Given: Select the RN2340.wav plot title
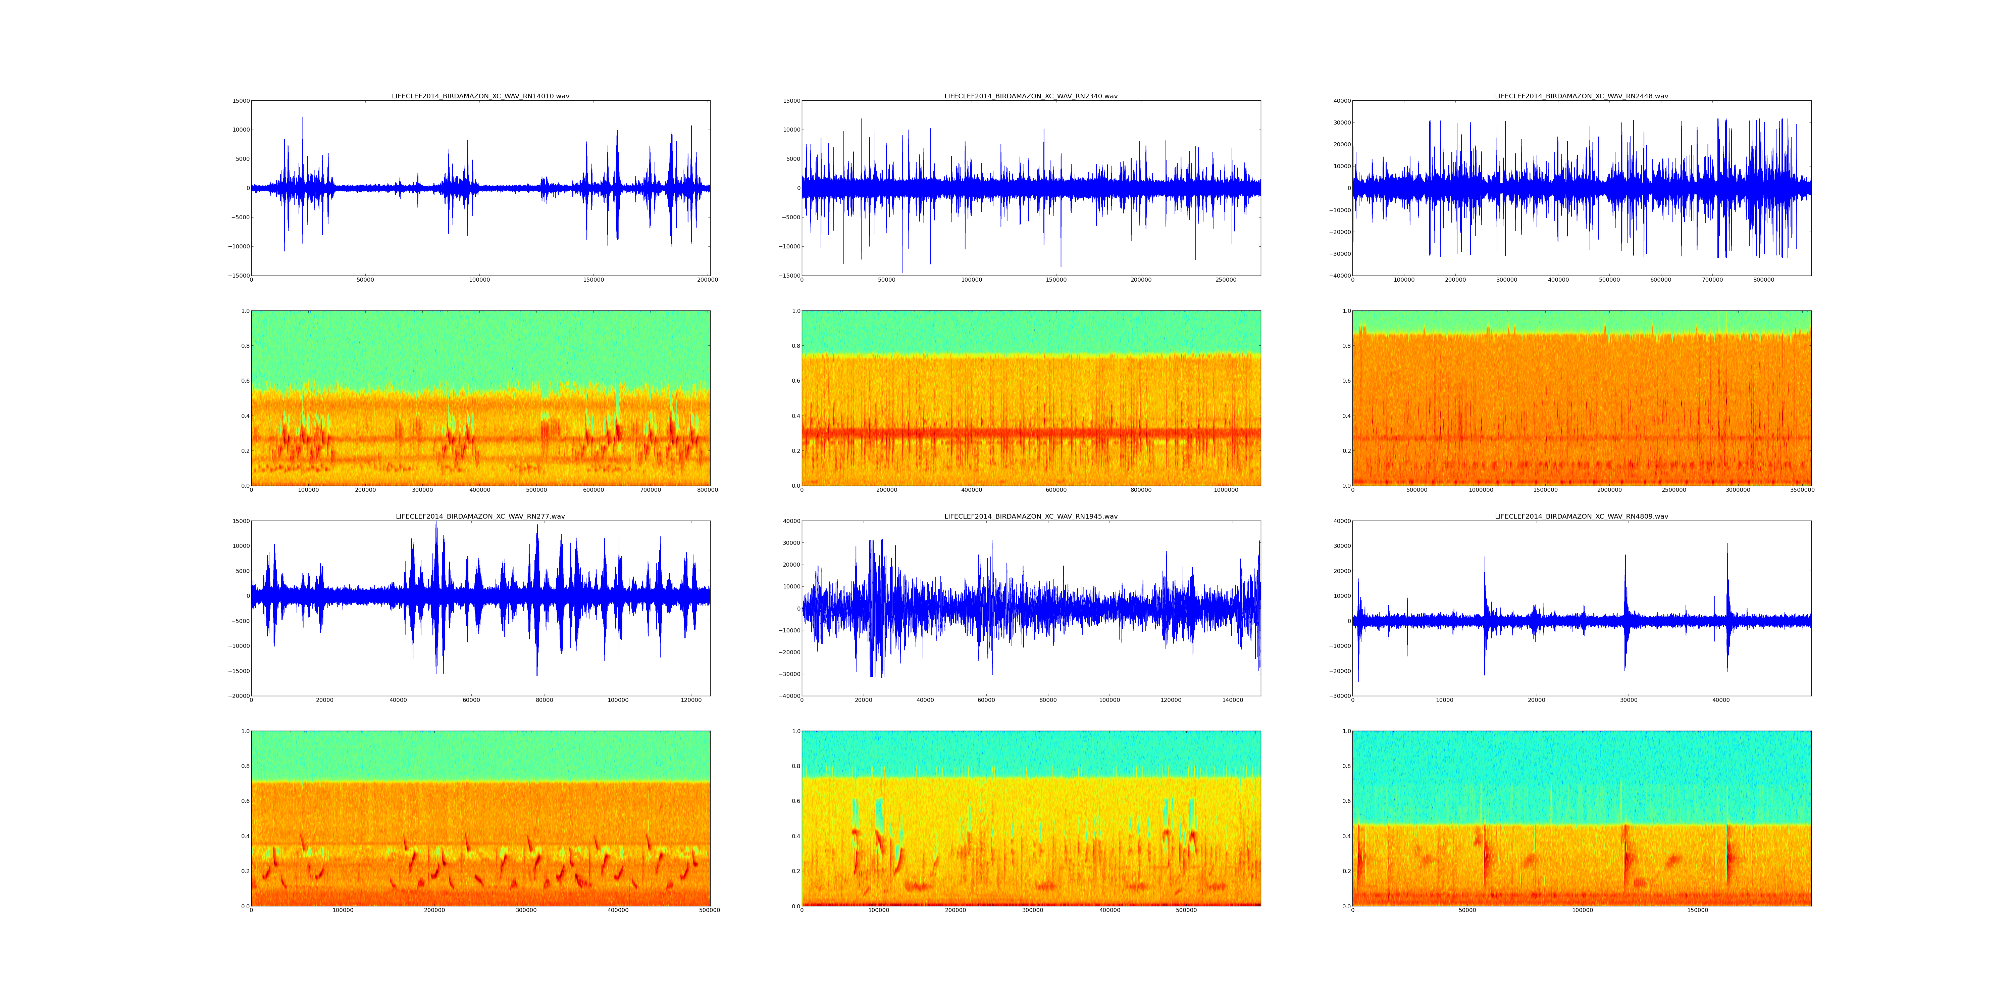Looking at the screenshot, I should tap(1031, 96).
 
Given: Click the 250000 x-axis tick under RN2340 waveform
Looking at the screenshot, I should tap(1225, 280).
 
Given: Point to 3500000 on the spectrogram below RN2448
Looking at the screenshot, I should tap(1802, 490).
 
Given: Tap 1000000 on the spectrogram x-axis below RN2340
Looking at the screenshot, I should tap(1225, 490).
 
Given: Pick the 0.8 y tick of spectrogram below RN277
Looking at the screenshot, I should tap(245, 766).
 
